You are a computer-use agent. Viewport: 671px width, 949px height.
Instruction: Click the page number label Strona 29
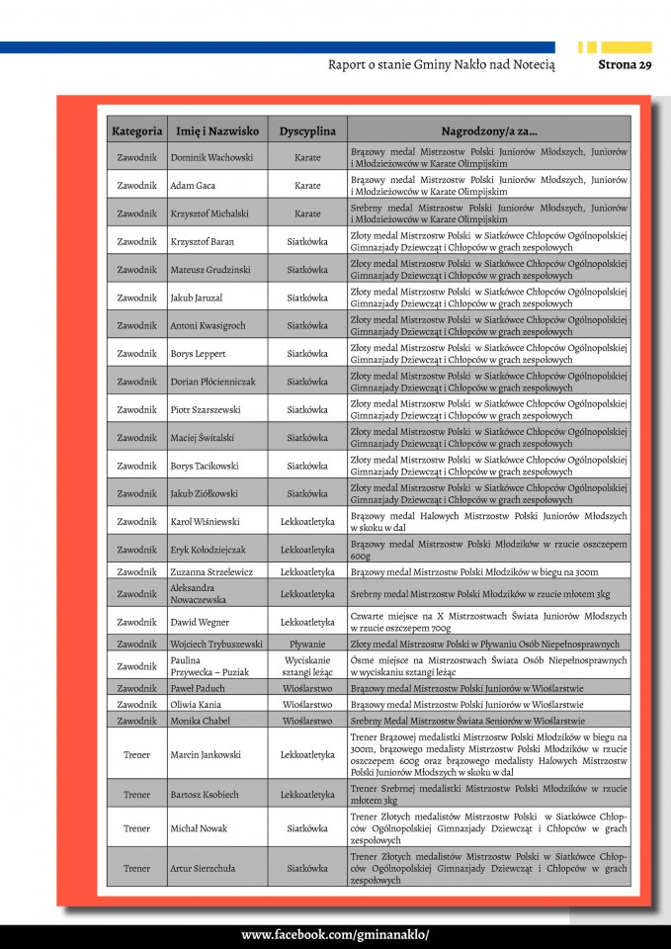click(625, 65)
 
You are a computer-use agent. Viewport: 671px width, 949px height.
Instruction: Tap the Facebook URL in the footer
click(335, 935)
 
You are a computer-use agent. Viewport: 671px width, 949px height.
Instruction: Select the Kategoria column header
click(136, 130)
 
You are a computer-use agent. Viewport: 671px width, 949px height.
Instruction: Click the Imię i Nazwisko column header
click(216, 130)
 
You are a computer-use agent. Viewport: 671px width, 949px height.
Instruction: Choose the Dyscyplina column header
click(307, 130)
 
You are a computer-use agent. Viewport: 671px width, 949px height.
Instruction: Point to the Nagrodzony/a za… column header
click(489, 130)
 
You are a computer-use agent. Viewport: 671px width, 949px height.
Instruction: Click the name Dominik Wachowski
click(211, 157)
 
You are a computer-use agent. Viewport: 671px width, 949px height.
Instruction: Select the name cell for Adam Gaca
click(193, 185)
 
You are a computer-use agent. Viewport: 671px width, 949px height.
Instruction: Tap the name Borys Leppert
click(198, 353)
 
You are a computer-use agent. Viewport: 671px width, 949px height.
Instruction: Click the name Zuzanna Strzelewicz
click(211, 571)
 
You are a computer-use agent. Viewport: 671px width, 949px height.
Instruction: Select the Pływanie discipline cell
click(307, 644)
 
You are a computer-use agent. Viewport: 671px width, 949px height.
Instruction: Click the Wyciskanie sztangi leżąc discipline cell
click(307, 665)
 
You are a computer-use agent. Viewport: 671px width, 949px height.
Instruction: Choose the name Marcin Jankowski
click(206, 754)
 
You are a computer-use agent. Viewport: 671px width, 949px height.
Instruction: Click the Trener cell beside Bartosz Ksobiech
click(136, 794)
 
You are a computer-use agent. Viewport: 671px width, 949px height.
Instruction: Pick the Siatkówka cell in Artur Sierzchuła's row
click(307, 868)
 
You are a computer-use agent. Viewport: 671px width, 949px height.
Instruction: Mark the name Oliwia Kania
click(197, 704)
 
